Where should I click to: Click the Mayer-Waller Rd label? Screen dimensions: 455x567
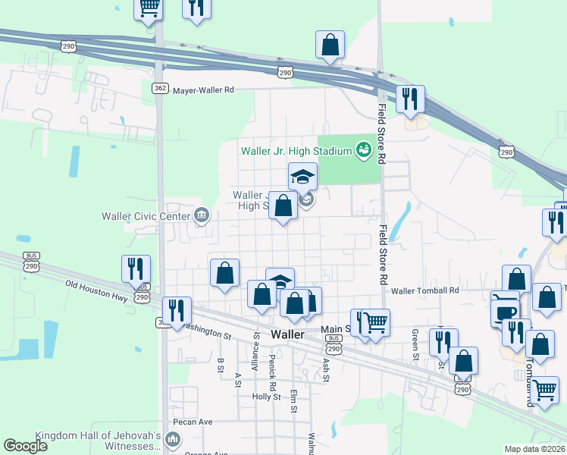pyautogui.click(x=204, y=89)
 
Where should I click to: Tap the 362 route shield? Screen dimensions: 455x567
pyautogui.click(x=159, y=88)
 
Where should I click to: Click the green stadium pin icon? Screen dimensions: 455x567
pyautogui.click(x=363, y=149)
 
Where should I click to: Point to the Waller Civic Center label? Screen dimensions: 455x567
pyautogui.click(x=145, y=215)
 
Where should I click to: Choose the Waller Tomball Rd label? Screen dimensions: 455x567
pyautogui.click(x=425, y=290)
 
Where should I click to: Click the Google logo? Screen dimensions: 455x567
pyautogui.click(x=25, y=446)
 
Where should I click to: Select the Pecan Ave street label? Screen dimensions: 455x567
pyautogui.click(x=193, y=422)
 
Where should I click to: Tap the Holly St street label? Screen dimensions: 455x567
pyautogui.click(x=266, y=397)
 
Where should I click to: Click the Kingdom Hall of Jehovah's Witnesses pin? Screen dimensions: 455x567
pyautogui.click(x=173, y=438)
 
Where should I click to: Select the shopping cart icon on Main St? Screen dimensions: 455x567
pyautogui.click(x=375, y=322)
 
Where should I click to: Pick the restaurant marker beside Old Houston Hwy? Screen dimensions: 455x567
pyautogui.click(x=136, y=268)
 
